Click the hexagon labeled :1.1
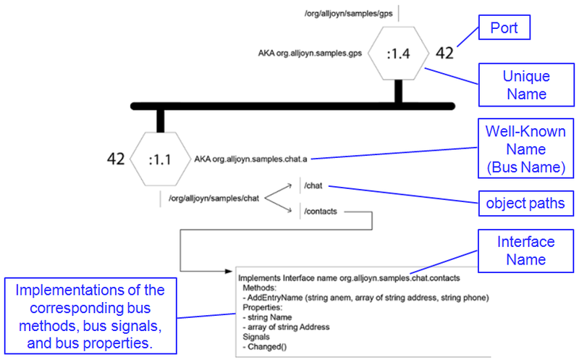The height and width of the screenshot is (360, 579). click(159, 159)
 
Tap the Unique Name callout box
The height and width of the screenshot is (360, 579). click(526, 84)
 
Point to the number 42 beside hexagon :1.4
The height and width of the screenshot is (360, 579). click(444, 53)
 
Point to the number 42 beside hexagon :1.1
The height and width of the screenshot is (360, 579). click(116, 159)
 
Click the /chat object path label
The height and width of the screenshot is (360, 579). click(313, 186)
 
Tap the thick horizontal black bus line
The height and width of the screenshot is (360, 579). click(289, 106)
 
